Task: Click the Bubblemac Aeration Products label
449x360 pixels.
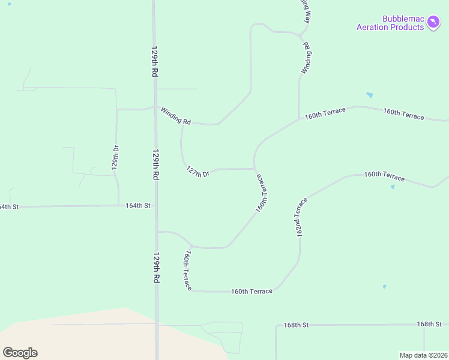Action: (390, 23)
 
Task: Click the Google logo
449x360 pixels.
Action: (20, 353)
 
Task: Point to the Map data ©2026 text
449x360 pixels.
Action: (423, 355)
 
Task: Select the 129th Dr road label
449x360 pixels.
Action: (116, 158)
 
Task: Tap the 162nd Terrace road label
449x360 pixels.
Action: (301, 217)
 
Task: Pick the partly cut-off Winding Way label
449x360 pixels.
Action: (306, 11)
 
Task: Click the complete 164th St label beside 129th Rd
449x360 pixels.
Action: (137, 205)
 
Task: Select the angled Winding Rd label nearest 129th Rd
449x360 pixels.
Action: (175, 115)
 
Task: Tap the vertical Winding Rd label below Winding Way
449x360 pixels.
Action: (306, 58)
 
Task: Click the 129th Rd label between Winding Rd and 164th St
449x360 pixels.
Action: (155, 164)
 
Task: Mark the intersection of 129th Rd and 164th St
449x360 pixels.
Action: (156, 205)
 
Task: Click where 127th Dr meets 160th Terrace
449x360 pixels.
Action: (255, 169)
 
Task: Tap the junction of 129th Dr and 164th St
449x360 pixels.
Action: (118, 205)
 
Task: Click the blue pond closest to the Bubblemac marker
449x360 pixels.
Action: (369, 95)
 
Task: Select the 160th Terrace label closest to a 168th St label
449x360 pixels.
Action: (252, 291)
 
